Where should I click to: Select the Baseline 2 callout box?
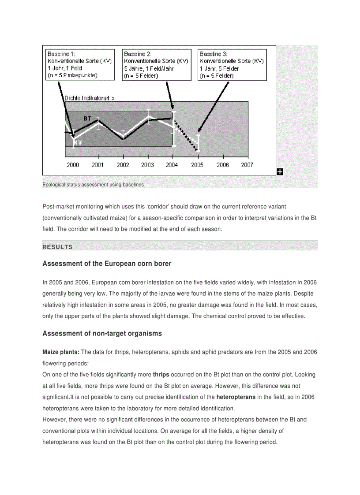coord(157,64)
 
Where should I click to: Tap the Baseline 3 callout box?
coord(232,64)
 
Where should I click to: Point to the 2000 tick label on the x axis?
coord(73,165)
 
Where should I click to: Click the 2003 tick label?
coord(147,165)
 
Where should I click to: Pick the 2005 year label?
coord(197,165)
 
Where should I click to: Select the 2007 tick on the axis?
coord(247,165)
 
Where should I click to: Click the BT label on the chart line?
coord(87,119)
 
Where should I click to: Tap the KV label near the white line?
coord(78,142)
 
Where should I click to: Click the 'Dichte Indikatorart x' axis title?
coord(90,98)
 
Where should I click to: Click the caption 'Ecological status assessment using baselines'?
coord(93,185)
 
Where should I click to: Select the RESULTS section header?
coord(57,247)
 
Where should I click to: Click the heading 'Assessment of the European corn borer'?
coord(107,264)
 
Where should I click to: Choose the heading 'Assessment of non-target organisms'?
coord(102,334)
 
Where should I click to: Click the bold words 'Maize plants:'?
coord(61,352)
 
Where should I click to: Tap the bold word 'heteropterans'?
coord(236,397)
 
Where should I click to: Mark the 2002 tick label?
coord(123,165)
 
